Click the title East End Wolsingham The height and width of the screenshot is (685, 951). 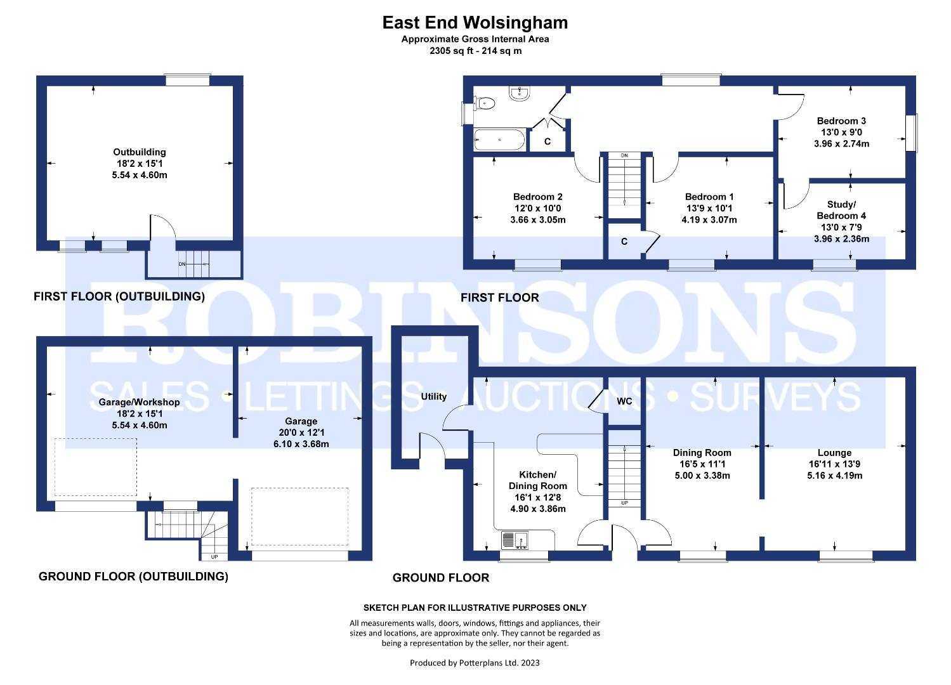[x=475, y=23]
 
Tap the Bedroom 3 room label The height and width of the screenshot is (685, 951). [x=841, y=121]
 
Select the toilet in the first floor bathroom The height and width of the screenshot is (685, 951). [x=485, y=103]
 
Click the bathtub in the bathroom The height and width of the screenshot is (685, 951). [x=499, y=140]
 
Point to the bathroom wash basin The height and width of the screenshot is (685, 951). [x=519, y=93]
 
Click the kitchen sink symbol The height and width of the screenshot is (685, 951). [x=515, y=540]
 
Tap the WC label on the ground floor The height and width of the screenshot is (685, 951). [x=624, y=401]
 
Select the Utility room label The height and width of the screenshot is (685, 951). [x=433, y=396]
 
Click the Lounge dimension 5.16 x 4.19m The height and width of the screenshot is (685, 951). [x=834, y=475]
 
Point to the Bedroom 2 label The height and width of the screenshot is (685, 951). [x=537, y=197]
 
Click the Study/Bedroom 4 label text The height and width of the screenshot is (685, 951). [x=841, y=210]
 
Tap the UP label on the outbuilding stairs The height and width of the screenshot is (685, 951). [x=214, y=556]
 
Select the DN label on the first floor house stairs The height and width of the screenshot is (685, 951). [x=624, y=156]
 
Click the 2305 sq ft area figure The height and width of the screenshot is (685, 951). [x=451, y=51]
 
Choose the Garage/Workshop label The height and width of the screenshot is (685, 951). [x=139, y=402]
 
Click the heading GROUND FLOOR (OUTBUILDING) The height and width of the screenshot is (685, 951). [x=133, y=576]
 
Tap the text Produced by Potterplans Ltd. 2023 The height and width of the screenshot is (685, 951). [x=475, y=663]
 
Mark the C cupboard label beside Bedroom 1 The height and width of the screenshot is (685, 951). [x=624, y=242]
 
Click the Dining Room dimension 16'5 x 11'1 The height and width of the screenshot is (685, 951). [x=702, y=464]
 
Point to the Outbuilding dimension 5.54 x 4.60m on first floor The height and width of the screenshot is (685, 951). [x=139, y=175]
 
